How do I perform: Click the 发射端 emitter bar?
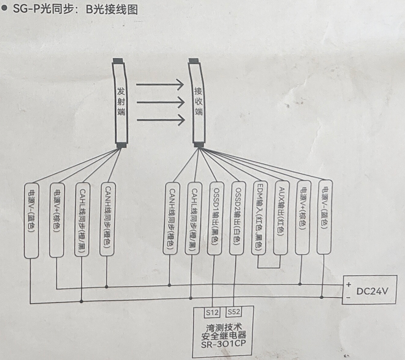[x=120, y=102]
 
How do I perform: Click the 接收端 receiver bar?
[x=198, y=102]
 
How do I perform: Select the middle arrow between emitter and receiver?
[x=159, y=102]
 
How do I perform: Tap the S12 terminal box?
[x=212, y=312]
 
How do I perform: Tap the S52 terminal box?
[x=234, y=312]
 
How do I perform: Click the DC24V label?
[x=375, y=291]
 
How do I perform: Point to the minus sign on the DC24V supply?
[x=348, y=298]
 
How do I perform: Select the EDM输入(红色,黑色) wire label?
[x=259, y=218]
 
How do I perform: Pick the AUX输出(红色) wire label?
[x=281, y=218]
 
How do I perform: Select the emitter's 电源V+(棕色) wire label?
[x=56, y=219]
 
